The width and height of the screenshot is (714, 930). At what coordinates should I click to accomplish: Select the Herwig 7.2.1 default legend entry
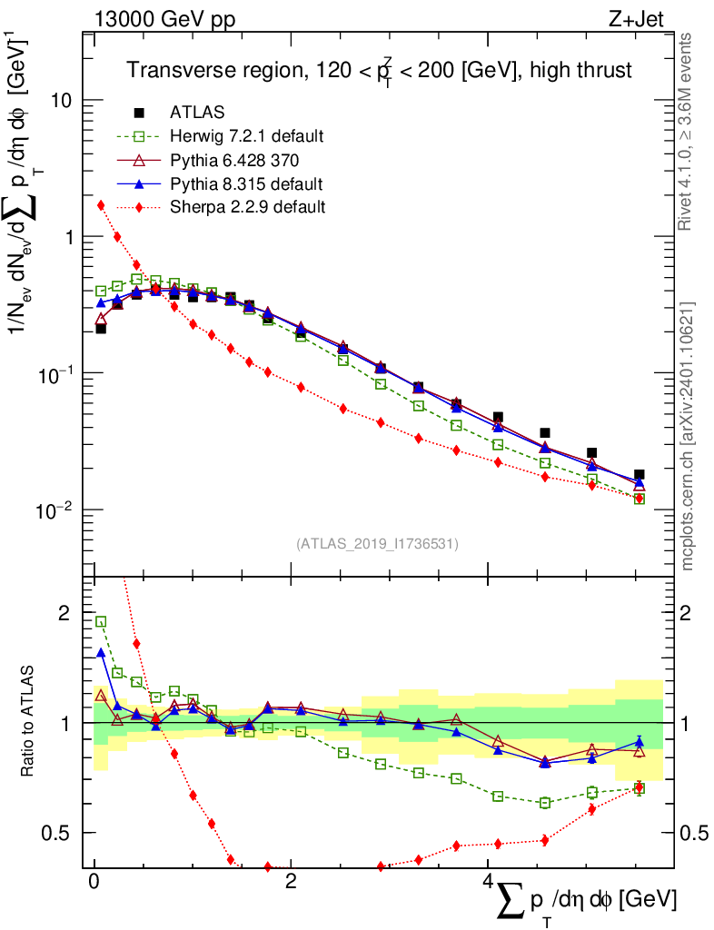(246, 136)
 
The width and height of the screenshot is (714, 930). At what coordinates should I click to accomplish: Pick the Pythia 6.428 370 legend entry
(235, 160)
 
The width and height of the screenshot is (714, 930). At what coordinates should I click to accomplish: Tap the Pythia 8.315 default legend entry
(246, 183)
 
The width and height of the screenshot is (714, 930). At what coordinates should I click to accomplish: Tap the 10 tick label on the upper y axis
(62, 100)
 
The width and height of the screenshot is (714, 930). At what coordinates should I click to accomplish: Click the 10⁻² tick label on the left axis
(56, 510)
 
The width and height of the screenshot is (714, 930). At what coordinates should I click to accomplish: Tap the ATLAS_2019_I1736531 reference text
(377, 544)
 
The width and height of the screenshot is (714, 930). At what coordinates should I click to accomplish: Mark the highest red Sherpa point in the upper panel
(101, 205)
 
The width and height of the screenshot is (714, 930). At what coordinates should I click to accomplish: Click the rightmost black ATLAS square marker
(640, 474)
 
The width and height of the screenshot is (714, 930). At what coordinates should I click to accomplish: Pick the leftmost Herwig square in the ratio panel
(101, 622)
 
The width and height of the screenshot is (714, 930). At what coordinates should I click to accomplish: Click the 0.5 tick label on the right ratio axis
(693, 833)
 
